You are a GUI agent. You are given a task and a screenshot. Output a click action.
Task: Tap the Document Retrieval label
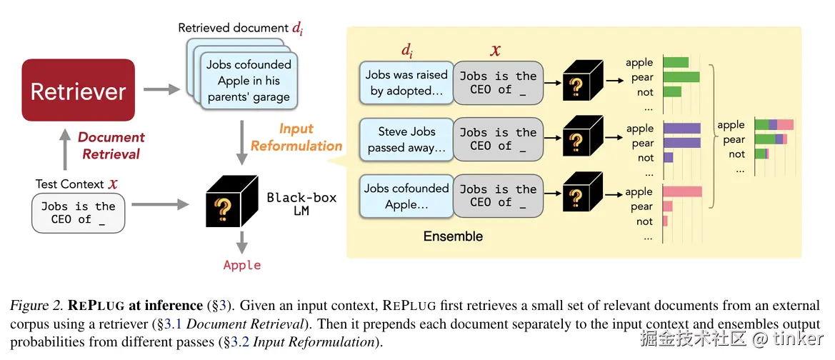point(111,145)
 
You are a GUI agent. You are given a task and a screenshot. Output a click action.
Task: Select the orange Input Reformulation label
point(296,137)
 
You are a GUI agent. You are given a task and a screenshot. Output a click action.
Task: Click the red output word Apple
point(242,265)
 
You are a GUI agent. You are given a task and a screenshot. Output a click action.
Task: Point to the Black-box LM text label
point(301,204)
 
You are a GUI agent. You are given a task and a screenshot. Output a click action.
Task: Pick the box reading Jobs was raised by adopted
point(406,82)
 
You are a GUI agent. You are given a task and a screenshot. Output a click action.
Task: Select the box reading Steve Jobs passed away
point(406,139)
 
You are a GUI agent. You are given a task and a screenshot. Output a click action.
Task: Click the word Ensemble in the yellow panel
point(453,236)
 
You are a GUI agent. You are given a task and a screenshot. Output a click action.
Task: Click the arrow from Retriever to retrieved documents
point(161,90)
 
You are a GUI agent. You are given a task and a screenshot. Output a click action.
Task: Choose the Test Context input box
point(78,213)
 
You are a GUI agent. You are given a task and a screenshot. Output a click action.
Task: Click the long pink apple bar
point(682,191)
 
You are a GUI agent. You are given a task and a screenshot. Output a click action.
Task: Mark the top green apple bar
point(676,63)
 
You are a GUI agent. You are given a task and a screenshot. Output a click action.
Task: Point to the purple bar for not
point(668,157)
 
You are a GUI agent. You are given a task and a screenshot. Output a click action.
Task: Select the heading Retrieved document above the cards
point(233,29)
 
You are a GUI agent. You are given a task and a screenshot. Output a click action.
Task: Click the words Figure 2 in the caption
point(33,306)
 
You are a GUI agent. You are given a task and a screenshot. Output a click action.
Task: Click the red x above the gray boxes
point(495,51)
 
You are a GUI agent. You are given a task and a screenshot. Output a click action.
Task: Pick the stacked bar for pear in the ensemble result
point(771,139)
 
